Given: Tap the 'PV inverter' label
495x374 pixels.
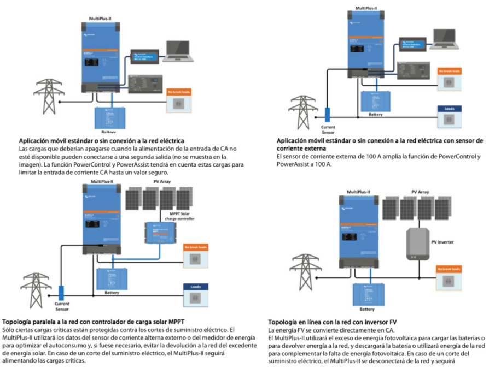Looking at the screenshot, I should click(442, 241).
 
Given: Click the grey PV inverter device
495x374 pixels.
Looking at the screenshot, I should click(418, 244).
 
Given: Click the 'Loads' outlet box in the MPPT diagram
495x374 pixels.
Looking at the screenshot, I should click(195, 294).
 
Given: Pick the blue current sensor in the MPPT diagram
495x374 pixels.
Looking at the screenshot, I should click(61, 293).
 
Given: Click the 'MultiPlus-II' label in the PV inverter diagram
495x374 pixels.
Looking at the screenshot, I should click(359, 192).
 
